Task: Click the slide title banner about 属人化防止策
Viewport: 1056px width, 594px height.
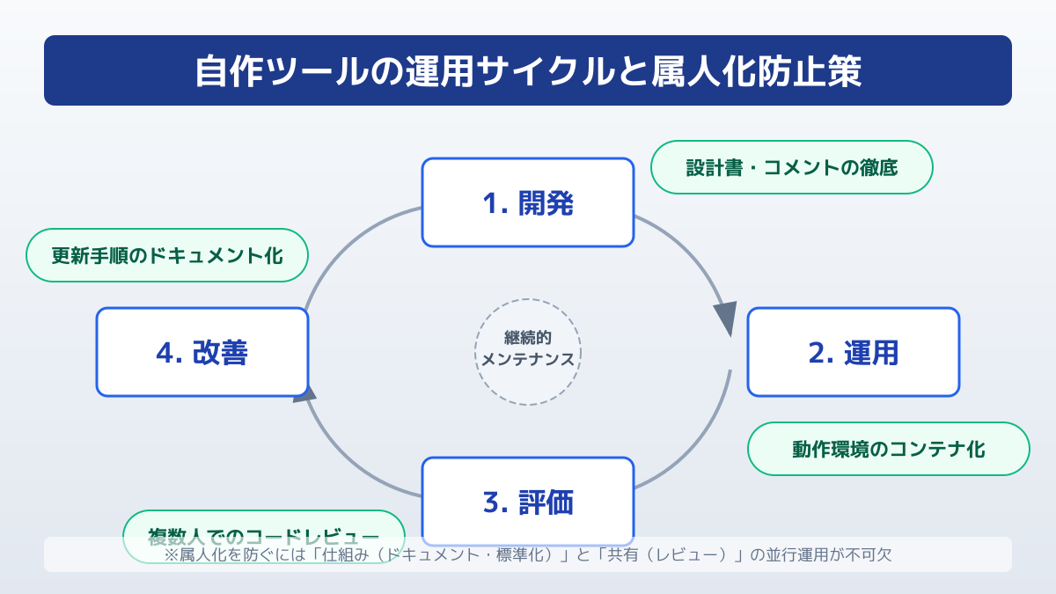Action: coord(528,70)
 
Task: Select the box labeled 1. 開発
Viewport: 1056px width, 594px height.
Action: coord(528,202)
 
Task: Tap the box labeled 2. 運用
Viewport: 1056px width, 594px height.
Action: coord(853,352)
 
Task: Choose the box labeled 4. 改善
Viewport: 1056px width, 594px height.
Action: coord(202,352)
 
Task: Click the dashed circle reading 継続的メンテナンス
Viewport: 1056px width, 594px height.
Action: coord(528,351)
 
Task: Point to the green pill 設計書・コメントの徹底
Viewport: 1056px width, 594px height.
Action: coord(791,167)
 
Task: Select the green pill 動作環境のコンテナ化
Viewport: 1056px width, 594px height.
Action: coord(888,449)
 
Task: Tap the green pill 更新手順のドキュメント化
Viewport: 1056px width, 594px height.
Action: coord(167,255)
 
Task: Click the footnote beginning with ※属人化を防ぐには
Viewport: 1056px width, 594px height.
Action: coord(528,555)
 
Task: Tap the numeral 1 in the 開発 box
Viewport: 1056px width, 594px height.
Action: coord(490,203)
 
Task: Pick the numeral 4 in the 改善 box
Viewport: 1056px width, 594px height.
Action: coord(165,353)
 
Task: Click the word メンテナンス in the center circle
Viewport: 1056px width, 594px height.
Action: coord(528,360)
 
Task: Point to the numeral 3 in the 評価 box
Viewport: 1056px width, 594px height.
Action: coord(492,502)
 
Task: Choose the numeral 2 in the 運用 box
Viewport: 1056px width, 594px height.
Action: coord(817,353)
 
